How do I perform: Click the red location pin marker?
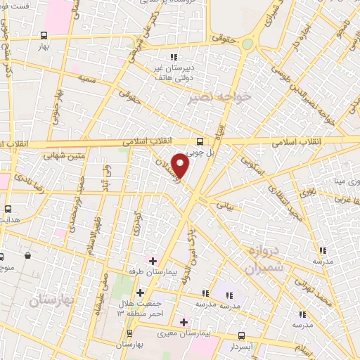click(x=181, y=166)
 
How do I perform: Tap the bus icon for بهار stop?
click(x=44, y=35)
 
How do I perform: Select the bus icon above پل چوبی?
click(x=200, y=140)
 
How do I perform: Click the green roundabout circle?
click(x=247, y=44)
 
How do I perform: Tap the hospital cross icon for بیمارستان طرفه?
click(x=153, y=261)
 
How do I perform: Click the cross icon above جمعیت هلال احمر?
click(x=140, y=292)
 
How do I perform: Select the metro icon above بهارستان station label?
click(x=129, y=333)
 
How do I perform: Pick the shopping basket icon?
click(x=27, y=256)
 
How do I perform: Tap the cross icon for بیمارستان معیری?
click(x=184, y=323)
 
